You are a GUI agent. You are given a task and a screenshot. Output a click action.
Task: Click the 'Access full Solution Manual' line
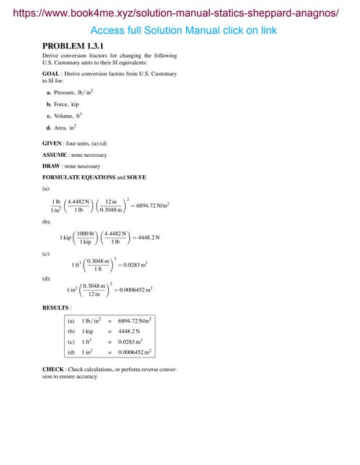(x=183, y=31)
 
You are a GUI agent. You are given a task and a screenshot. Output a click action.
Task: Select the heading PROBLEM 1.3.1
(x=73, y=46)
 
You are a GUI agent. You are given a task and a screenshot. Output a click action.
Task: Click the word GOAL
(x=52, y=75)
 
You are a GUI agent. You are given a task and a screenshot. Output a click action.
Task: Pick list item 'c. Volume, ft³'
(x=65, y=116)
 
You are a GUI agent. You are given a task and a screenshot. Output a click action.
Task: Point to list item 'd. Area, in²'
(x=62, y=127)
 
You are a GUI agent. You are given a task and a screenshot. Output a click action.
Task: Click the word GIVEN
(x=52, y=143)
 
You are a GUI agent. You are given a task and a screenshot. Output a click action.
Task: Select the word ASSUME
(x=55, y=155)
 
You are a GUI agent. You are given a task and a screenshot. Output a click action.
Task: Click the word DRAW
(x=52, y=166)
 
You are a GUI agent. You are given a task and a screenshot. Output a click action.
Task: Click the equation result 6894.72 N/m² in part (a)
(x=150, y=206)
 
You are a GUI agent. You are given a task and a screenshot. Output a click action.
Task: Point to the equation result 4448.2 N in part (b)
(x=148, y=237)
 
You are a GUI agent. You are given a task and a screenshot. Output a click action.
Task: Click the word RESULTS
(x=56, y=308)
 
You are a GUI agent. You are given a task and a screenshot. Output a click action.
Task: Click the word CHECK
(x=53, y=369)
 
